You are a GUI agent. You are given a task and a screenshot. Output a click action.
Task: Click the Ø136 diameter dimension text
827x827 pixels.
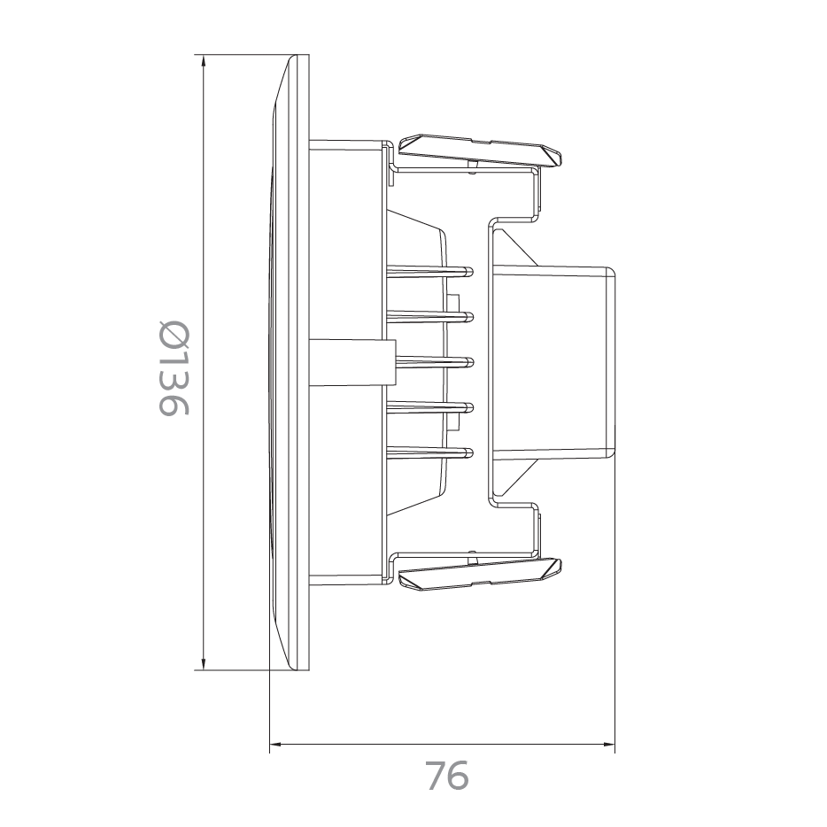tap(174, 367)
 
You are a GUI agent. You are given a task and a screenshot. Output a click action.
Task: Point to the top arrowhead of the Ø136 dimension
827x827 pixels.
tap(205, 63)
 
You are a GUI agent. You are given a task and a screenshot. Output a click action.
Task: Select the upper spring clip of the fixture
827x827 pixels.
tap(478, 152)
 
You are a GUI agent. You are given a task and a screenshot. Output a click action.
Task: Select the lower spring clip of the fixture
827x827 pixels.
tap(478, 575)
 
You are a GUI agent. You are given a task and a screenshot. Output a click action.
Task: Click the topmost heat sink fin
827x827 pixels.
tap(429, 268)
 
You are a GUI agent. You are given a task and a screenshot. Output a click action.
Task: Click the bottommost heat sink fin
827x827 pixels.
tap(429, 453)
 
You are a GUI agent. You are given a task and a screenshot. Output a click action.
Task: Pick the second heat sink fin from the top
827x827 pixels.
tap(429, 314)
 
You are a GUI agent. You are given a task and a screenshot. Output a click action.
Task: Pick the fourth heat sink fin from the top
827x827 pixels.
tap(429, 407)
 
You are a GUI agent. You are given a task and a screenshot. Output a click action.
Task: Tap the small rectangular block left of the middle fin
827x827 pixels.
tap(350, 362)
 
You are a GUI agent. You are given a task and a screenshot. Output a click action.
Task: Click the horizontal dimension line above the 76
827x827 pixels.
tap(443, 745)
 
